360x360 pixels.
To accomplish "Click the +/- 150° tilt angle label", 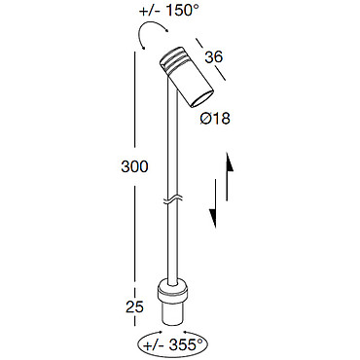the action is (168, 11).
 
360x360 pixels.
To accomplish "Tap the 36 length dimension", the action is (214, 57).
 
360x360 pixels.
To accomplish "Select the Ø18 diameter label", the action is (215, 119).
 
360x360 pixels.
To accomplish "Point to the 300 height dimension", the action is (134, 166).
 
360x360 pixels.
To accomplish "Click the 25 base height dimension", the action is (134, 306).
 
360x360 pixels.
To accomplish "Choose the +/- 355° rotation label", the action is (172, 344).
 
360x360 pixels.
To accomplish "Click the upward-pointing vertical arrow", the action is (228, 176).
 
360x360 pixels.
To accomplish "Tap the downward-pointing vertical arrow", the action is (214, 203).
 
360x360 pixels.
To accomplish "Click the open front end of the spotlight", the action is (201, 98).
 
